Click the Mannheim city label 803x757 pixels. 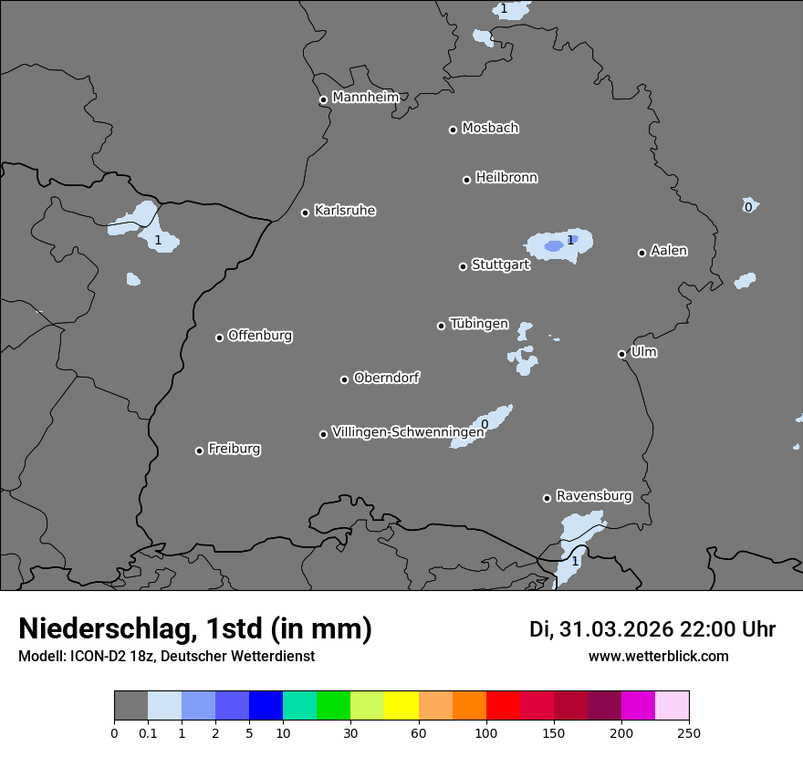point(365,98)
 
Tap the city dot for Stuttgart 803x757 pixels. point(463,266)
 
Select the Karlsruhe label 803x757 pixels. point(345,211)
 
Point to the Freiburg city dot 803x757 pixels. point(199,451)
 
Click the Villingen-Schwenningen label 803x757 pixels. point(408,432)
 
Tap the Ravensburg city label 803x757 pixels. point(594,496)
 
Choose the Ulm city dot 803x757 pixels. point(621,354)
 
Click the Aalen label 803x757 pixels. point(669,251)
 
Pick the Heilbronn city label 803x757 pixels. point(506,178)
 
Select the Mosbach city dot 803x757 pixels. point(453,130)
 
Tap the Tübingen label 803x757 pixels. point(479,324)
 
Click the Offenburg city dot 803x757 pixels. point(219,337)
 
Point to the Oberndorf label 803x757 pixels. point(387,378)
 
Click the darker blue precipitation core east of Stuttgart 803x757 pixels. point(554,246)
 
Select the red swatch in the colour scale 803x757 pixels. point(503,706)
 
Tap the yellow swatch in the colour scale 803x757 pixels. point(401,706)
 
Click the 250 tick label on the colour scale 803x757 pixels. point(689,731)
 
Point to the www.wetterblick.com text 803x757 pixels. point(659,656)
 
